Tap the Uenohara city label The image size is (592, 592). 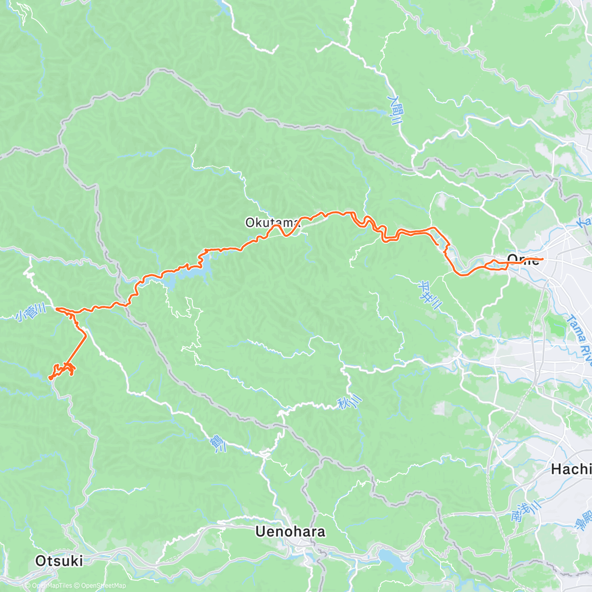[x=291, y=531]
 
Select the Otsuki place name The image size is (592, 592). [x=59, y=561]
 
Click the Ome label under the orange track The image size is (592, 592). [x=523, y=259]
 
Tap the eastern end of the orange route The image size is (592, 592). [x=543, y=259]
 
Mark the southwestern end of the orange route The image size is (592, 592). [x=49, y=379]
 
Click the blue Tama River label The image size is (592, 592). [x=578, y=336]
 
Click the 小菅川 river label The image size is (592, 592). [x=31, y=312]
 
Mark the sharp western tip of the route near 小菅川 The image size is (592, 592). [x=57, y=309]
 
